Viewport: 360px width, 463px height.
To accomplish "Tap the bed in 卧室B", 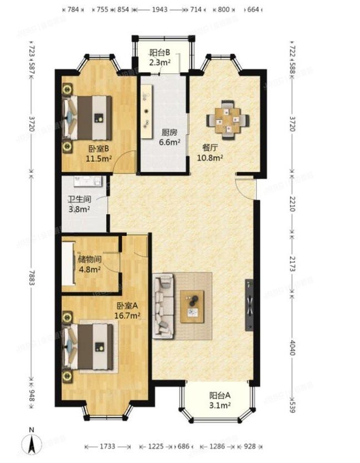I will (89, 118).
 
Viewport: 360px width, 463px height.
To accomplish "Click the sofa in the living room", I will (164, 306).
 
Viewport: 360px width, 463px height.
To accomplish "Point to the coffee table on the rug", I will (192, 306).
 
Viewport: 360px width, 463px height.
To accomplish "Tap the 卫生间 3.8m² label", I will (79, 204).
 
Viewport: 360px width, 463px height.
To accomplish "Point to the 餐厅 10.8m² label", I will (211, 153).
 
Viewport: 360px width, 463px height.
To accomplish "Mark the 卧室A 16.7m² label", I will (128, 310).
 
